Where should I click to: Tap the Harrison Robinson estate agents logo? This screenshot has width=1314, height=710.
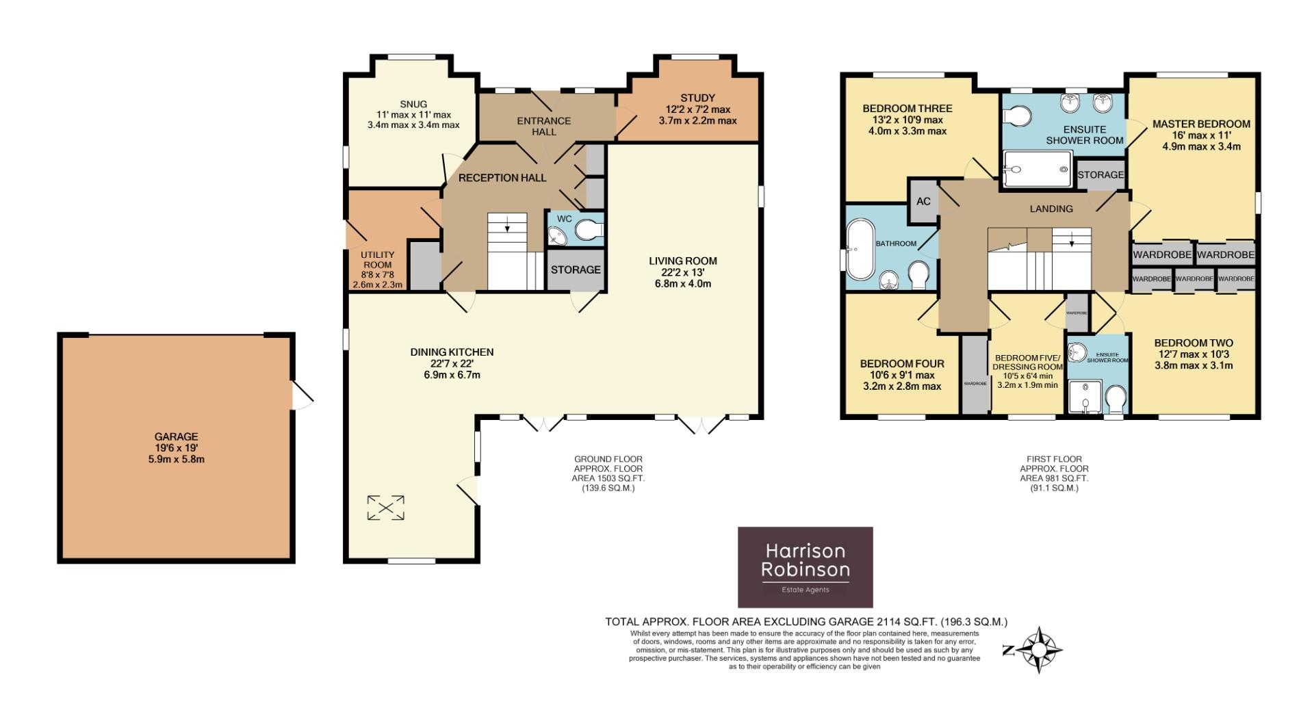tap(805, 567)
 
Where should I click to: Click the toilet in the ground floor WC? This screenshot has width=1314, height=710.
tap(588, 231)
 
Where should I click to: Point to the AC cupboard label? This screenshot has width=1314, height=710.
tap(923, 201)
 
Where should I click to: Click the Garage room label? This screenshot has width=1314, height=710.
tap(176, 436)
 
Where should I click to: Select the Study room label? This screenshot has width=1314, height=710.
tap(697, 98)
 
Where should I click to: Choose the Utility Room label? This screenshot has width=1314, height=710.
tap(377, 260)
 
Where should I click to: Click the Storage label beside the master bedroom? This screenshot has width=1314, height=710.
tap(1100, 174)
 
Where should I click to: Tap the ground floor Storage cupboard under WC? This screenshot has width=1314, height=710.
tap(576, 269)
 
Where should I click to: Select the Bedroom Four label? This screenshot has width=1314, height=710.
tap(901, 364)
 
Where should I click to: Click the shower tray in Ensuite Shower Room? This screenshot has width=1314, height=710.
tap(1036, 168)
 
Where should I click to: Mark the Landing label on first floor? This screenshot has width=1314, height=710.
tap(1051, 209)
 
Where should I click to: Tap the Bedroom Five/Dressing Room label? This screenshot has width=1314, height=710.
tap(1027, 363)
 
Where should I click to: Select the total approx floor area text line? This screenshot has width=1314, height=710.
tap(806, 622)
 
